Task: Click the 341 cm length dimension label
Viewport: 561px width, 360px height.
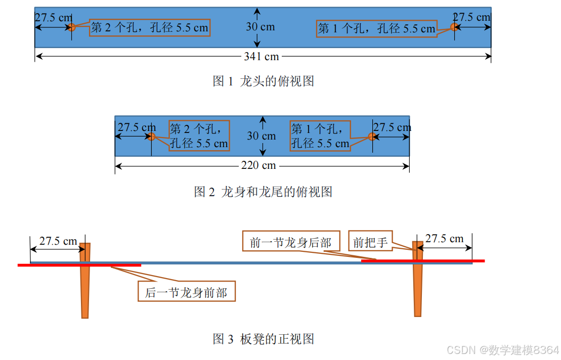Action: point(261,57)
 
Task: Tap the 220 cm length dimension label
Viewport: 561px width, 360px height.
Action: point(262,165)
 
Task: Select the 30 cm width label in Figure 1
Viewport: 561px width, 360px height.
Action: point(261,27)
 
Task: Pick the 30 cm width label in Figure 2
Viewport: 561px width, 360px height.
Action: point(262,136)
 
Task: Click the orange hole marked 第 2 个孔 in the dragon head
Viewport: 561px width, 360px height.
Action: point(71,27)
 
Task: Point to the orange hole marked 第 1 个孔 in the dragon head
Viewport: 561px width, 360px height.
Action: point(455,27)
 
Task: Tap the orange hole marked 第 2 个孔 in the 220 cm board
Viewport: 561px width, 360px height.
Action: point(151,137)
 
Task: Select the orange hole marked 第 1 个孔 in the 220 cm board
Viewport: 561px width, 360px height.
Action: point(372,137)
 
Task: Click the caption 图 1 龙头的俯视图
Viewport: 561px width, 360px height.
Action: point(263,81)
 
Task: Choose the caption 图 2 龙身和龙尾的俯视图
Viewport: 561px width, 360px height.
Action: point(263,192)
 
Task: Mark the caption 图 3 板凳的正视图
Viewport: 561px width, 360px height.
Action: point(263,339)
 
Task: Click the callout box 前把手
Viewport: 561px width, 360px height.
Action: point(370,243)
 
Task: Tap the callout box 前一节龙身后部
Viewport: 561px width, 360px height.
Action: point(290,243)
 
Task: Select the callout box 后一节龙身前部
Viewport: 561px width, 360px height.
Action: point(186,292)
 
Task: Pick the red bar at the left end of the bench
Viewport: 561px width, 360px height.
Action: point(79,265)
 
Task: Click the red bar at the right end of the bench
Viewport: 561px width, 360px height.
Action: point(423,261)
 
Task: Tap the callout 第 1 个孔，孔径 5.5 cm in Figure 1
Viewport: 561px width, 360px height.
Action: point(376,29)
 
